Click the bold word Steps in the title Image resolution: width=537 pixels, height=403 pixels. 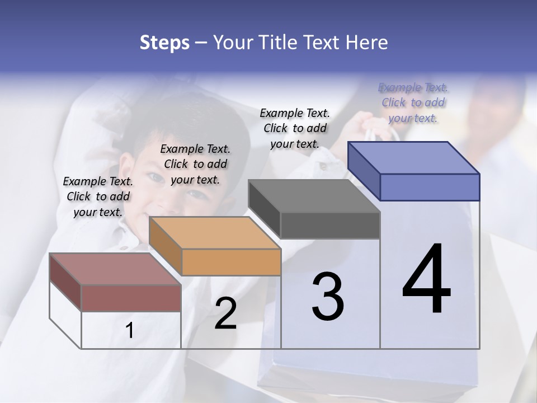(164, 43)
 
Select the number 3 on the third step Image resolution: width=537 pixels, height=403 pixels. (328, 296)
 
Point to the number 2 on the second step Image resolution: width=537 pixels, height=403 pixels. (225, 314)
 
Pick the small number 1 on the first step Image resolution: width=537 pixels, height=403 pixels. (130, 331)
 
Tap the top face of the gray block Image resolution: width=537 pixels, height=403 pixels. (314, 196)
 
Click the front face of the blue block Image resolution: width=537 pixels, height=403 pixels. (430, 187)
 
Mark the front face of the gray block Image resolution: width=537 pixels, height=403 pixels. (330, 225)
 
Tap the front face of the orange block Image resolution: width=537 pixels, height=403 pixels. (231, 262)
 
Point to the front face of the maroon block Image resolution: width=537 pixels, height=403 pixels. (131, 298)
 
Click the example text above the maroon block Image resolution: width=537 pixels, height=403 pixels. (98, 196)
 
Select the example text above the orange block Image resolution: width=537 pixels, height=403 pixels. (195, 164)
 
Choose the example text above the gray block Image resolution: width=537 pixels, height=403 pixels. (295, 128)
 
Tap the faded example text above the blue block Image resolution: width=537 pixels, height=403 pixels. (413, 102)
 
